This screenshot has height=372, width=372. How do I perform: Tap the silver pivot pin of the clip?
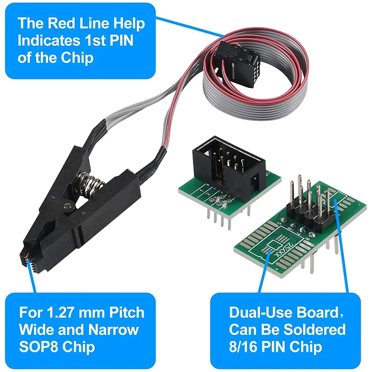[69, 205]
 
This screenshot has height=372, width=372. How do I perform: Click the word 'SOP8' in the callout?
[39, 347]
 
